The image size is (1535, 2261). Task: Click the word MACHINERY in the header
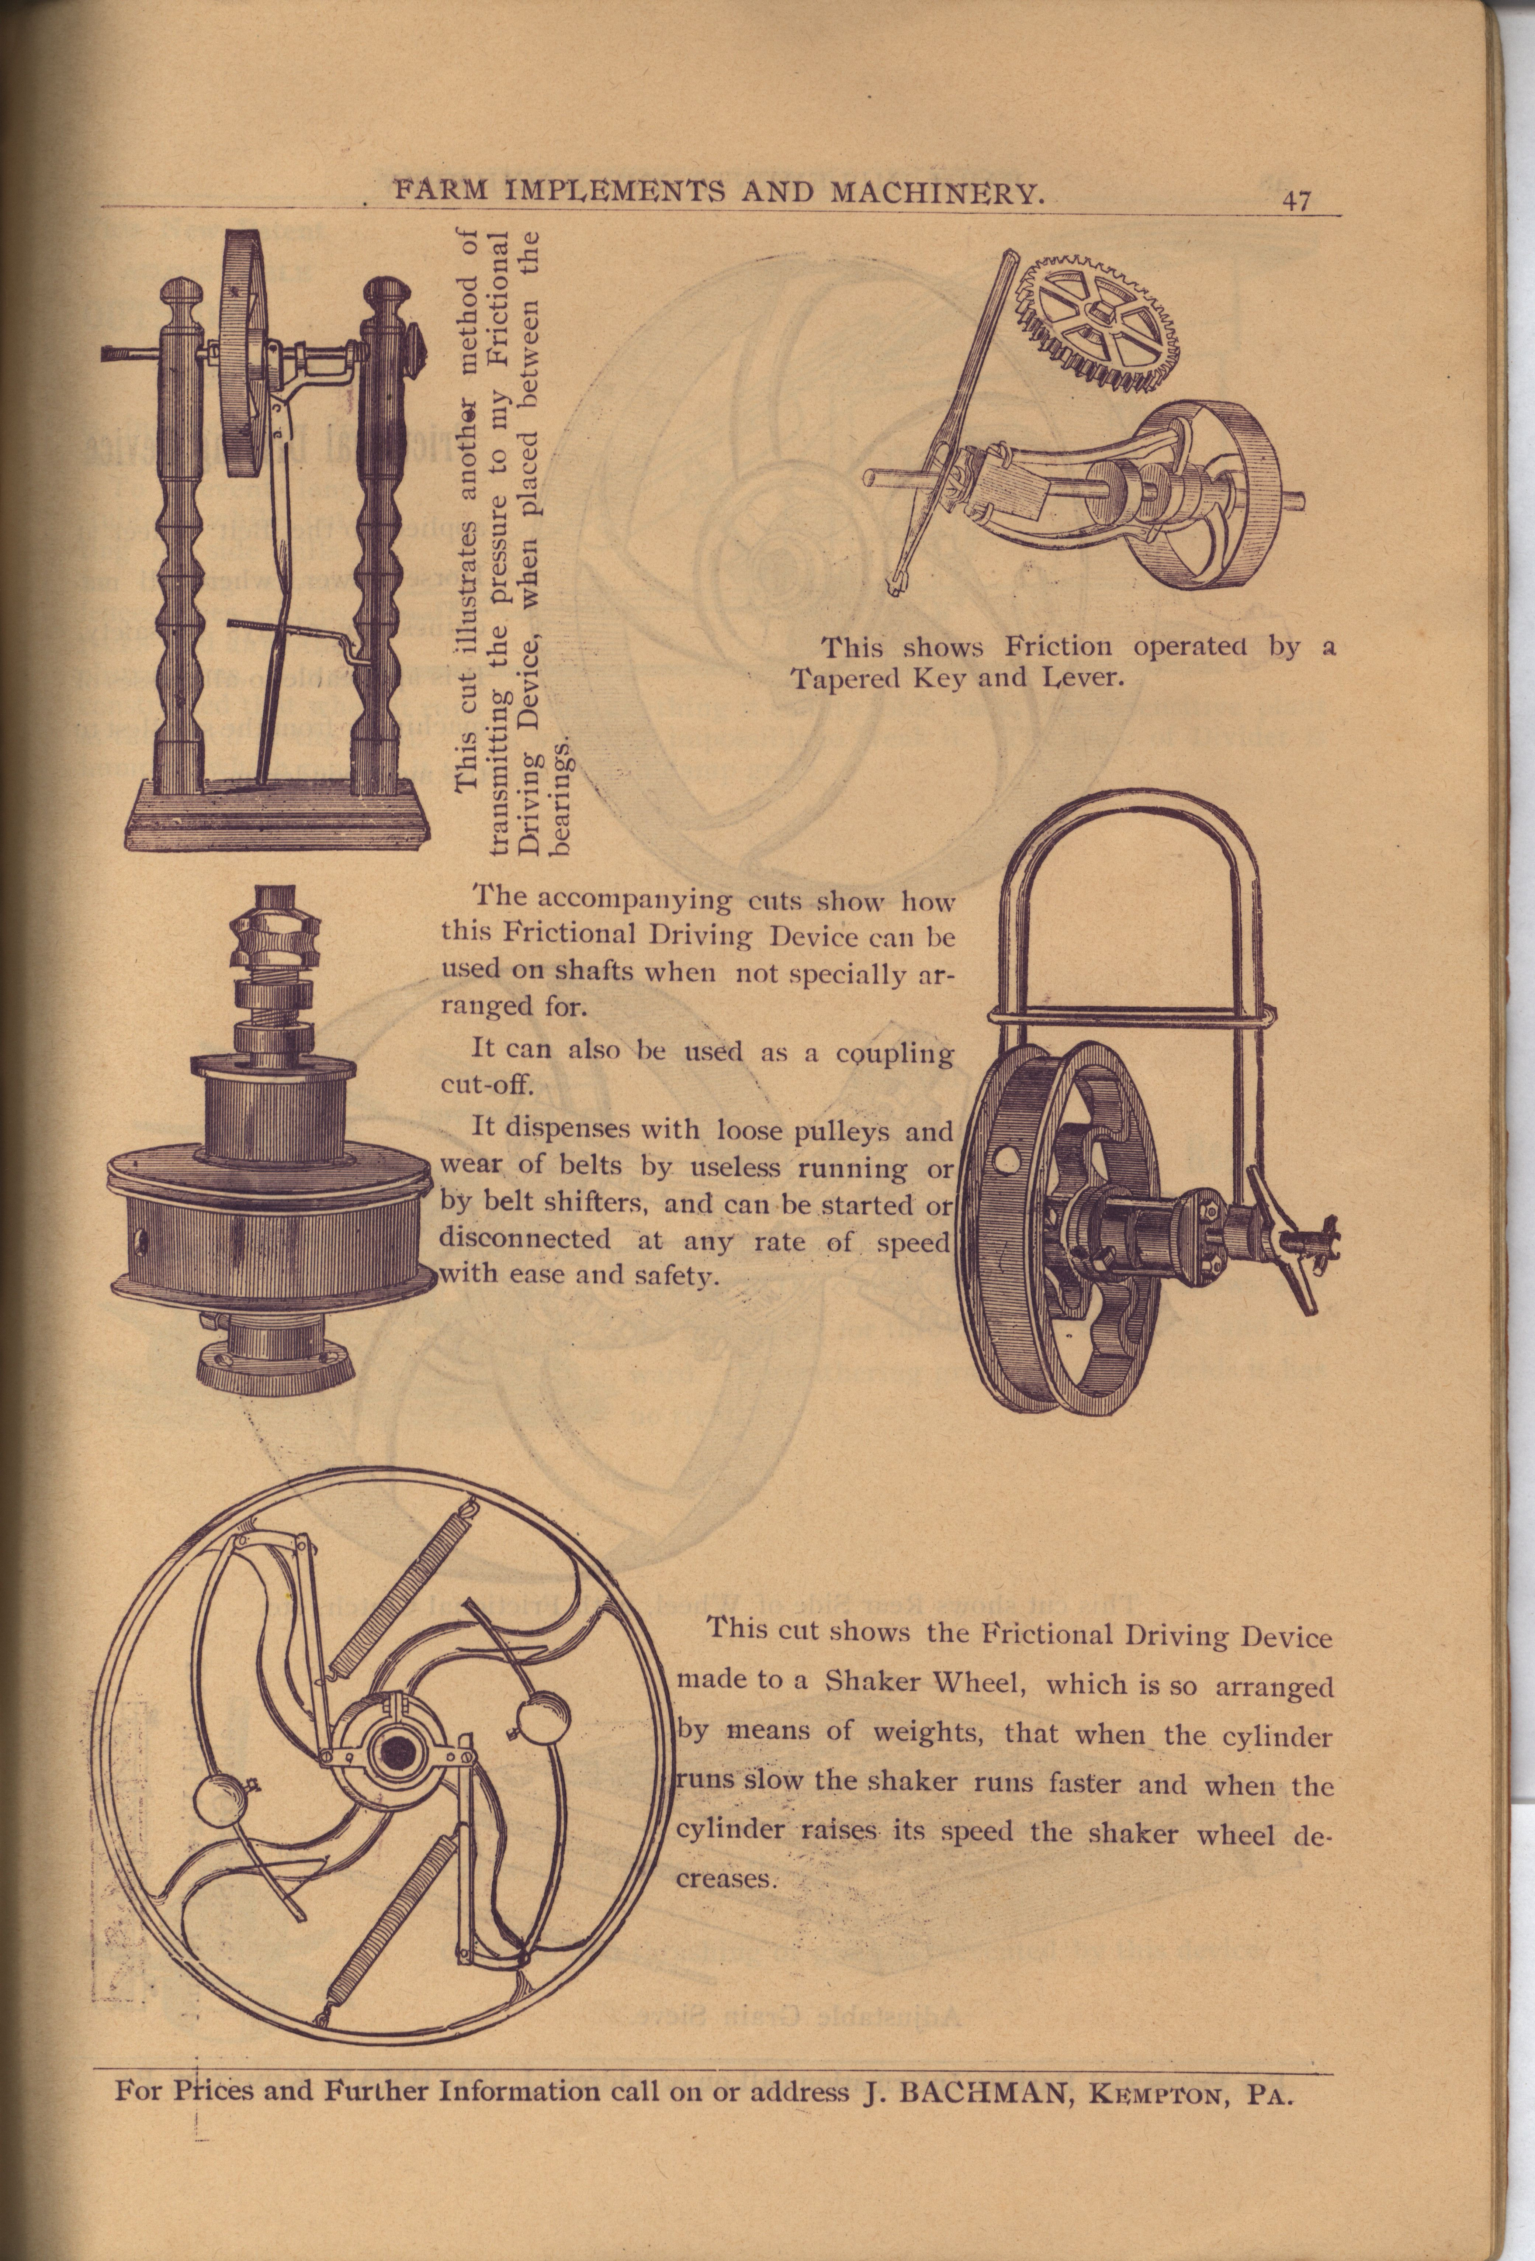[939, 194]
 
